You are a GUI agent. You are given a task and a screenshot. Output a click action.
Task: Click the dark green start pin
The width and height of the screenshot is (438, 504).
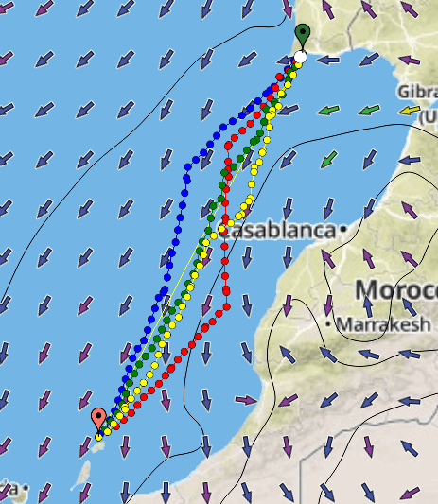point(302,35)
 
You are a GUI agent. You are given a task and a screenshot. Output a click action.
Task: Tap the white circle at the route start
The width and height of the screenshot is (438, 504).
point(300,58)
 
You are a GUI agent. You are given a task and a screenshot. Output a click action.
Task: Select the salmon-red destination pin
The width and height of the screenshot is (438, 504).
point(98,418)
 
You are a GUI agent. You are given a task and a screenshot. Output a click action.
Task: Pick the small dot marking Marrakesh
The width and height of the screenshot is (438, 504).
point(327,324)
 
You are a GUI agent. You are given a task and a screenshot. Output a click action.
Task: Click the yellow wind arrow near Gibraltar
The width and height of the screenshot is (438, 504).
point(409,112)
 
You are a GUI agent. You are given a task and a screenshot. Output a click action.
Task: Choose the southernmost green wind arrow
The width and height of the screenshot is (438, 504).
point(327,160)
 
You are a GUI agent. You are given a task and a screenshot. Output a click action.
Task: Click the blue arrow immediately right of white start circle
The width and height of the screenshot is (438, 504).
point(327,61)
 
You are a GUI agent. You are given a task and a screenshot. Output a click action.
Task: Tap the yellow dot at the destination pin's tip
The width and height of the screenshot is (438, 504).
point(99,436)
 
